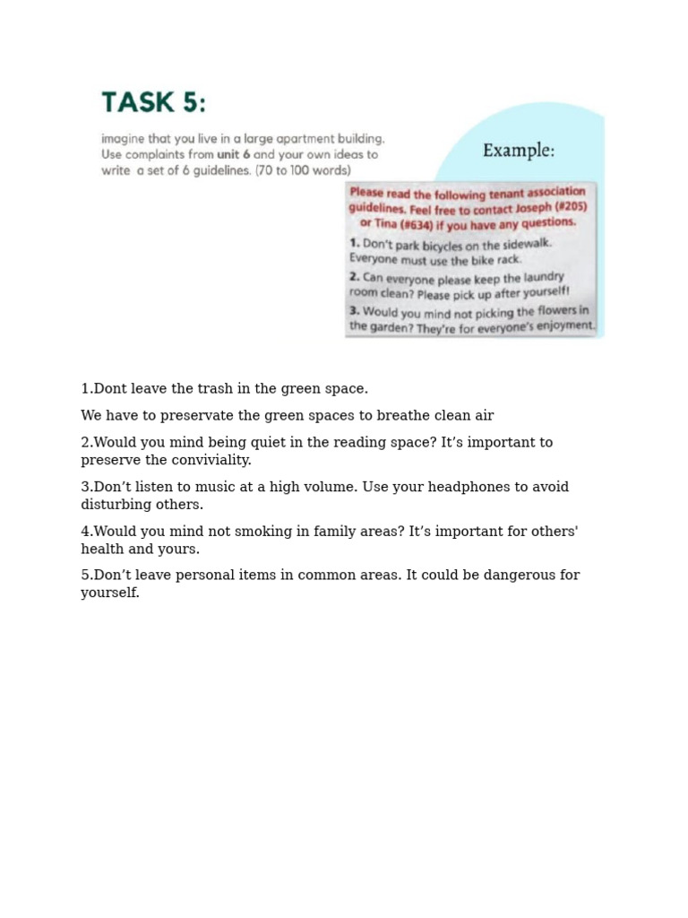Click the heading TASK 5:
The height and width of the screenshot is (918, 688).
click(153, 102)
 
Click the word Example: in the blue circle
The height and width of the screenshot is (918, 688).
click(518, 151)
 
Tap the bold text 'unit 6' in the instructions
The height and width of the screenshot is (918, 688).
click(233, 154)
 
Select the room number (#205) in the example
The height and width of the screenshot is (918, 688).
click(567, 206)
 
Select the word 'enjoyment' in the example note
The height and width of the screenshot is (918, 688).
click(564, 325)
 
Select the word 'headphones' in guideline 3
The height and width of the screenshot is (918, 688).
click(461, 487)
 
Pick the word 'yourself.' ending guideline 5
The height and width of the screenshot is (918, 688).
click(110, 593)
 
